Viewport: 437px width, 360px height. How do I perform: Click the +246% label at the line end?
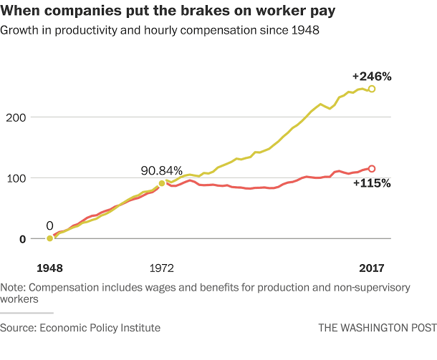tap(371, 76)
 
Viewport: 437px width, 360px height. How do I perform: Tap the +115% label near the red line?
tap(371, 183)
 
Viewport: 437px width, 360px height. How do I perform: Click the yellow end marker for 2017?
tap(371, 89)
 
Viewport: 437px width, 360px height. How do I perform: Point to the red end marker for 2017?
tap(371, 168)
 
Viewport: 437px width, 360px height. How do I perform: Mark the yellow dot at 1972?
tap(162, 183)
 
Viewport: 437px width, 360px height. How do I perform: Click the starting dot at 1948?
tap(49, 238)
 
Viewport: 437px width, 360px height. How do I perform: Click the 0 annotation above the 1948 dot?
tap(49, 224)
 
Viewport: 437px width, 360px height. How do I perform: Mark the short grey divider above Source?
tap(27, 313)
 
